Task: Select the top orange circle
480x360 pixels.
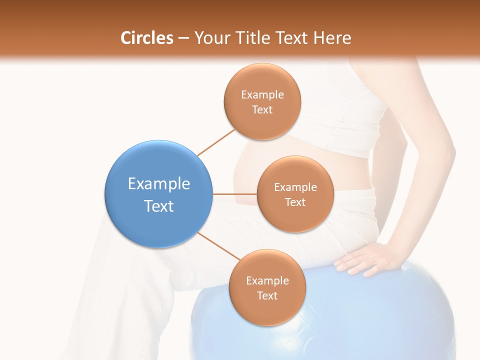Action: pyautogui.click(x=262, y=101)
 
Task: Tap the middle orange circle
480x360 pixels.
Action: pyautogui.click(x=295, y=194)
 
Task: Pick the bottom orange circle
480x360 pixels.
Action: pyautogui.click(x=267, y=287)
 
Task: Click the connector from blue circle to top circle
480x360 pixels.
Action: pyautogui.click(x=216, y=142)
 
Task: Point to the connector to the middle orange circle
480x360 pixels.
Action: pyautogui.click(x=235, y=193)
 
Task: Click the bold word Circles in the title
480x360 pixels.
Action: pyautogui.click(x=147, y=38)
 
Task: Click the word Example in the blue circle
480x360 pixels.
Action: pyautogui.click(x=159, y=184)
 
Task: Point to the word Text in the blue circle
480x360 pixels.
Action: pyautogui.click(x=159, y=206)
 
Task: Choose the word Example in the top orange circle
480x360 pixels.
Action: pyautogui.click(x=262, y=95)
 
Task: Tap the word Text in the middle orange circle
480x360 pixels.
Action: pyautogui.click(x=295, y=202)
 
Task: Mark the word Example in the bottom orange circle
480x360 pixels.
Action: pyautogui.click(x=267, y=280)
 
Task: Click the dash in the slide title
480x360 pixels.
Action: pyautogui.click(x=183, y=38)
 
